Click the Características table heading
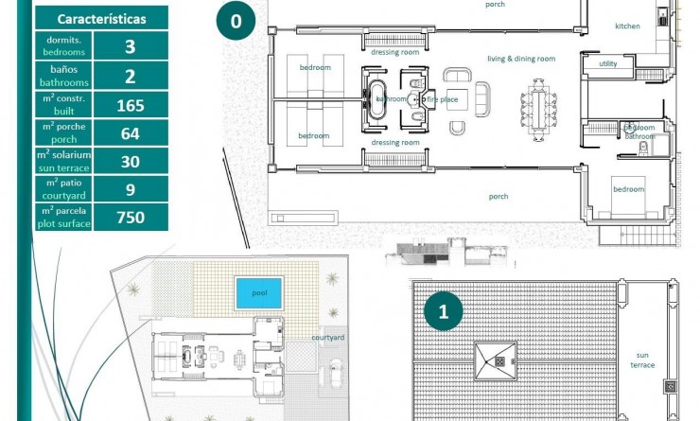coord(101,19)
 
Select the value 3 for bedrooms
coord(131,47)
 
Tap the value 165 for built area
coord(131,105)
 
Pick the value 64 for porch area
coord(131,133)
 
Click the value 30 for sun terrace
coord(131,162)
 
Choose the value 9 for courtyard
coord(131,189)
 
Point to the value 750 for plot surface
coord(131,218)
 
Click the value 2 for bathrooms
coord(131,76)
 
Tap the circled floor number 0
coord(235,21)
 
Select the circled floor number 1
coord(443,310)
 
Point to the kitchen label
coord(627,26)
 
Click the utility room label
coord(608,63)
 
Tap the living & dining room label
coord(520,59)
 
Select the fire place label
coord(443,98)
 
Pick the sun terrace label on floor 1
coord(642,360)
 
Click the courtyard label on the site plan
coord(327,337)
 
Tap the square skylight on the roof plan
coord(495,360)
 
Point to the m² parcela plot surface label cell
coord(64,218)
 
